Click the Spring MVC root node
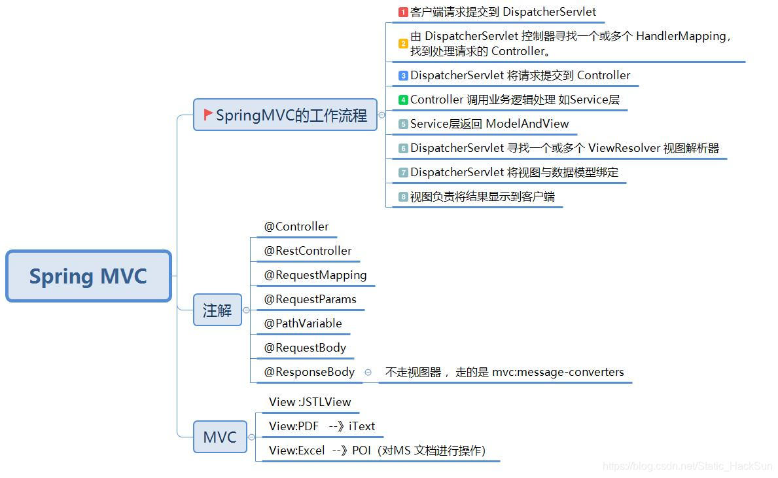coord(88,276)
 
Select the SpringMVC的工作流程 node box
coord(285,115)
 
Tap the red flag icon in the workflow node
coord(208,115)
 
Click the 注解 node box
coord(217,310)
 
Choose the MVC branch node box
coord(220,437)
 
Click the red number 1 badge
coord(403,12)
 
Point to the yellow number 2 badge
coord(403,44)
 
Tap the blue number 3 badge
coord(403,76)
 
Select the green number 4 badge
coord(403,100)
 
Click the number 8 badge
coord(403,196)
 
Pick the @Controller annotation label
coord(296,227)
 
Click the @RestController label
coord(308,251)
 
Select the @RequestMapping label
coord(315,275)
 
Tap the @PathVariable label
coord(303,323)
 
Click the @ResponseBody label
coord(309,372)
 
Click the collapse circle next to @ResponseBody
coord(368,372)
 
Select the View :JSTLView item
coord(309,402)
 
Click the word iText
coord(362,426)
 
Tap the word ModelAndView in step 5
coord(527,124)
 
